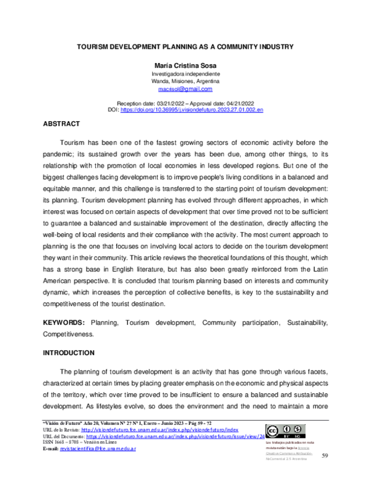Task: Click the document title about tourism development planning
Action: (x=185, y=47)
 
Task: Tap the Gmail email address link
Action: (x=185, y=88)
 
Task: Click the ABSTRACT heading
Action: (x=78, y=124)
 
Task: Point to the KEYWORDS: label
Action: (x=64, y=323)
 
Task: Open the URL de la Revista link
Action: (x=160, y=429)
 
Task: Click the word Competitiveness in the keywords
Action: (x=67, y=334)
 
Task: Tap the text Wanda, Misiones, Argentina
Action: (x=185, y=81)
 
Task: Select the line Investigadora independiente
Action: (x=185, y=74)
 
